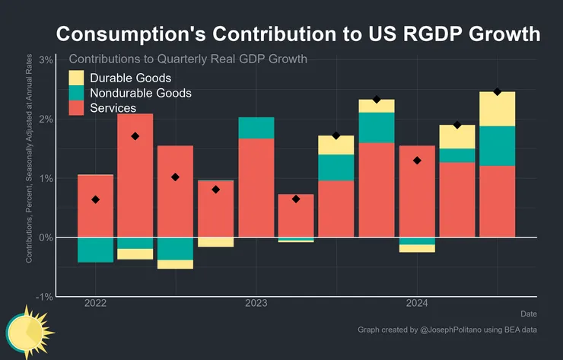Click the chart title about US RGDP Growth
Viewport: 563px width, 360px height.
point(299,35)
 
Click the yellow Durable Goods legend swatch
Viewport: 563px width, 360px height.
point(76,78)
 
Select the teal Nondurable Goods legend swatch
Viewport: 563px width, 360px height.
point(76,93)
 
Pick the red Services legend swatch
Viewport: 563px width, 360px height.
point(76,108)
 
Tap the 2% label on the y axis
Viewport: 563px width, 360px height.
point(45,119)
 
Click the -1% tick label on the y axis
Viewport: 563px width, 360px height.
point(43,297)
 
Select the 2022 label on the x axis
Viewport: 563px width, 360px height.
point(95,304)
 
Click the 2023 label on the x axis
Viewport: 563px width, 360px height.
point(256,304)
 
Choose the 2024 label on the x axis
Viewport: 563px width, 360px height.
point(416,304)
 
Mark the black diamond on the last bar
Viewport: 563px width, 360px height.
point(497,92)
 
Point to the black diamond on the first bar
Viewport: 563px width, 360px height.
point(95,199)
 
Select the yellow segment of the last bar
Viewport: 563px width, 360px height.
point(497,109)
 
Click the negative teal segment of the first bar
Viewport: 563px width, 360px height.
point(95,250)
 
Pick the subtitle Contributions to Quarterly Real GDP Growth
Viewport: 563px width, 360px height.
point(193,59)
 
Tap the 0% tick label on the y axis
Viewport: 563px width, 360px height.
point(45,237)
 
